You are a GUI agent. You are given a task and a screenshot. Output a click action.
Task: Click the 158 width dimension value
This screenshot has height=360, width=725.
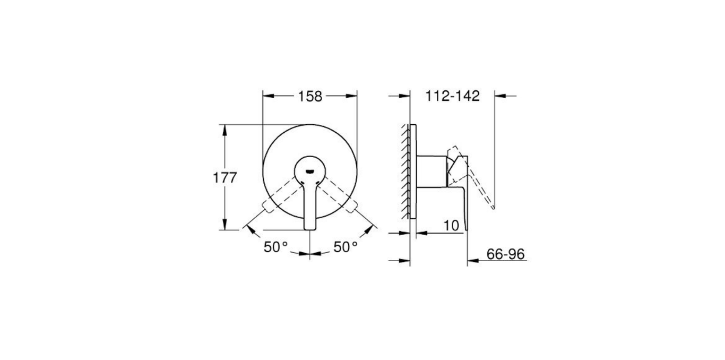(310, 97)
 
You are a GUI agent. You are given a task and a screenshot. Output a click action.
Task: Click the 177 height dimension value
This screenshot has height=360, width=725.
(225, 178)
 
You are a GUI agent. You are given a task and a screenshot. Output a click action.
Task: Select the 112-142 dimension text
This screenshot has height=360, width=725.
(452, 96)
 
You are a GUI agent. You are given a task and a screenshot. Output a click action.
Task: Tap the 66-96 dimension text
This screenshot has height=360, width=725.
(506, 254)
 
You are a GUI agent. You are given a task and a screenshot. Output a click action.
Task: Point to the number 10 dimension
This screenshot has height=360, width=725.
(451, 226)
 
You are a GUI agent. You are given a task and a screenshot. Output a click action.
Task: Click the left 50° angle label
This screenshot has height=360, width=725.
(276, 247)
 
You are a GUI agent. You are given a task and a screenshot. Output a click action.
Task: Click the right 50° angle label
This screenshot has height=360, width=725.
(346, 247)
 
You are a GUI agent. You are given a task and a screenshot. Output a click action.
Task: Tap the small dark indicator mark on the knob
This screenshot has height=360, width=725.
(310, 172)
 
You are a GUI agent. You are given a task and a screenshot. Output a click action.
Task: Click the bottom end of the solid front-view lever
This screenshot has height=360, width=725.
(310, 229)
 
